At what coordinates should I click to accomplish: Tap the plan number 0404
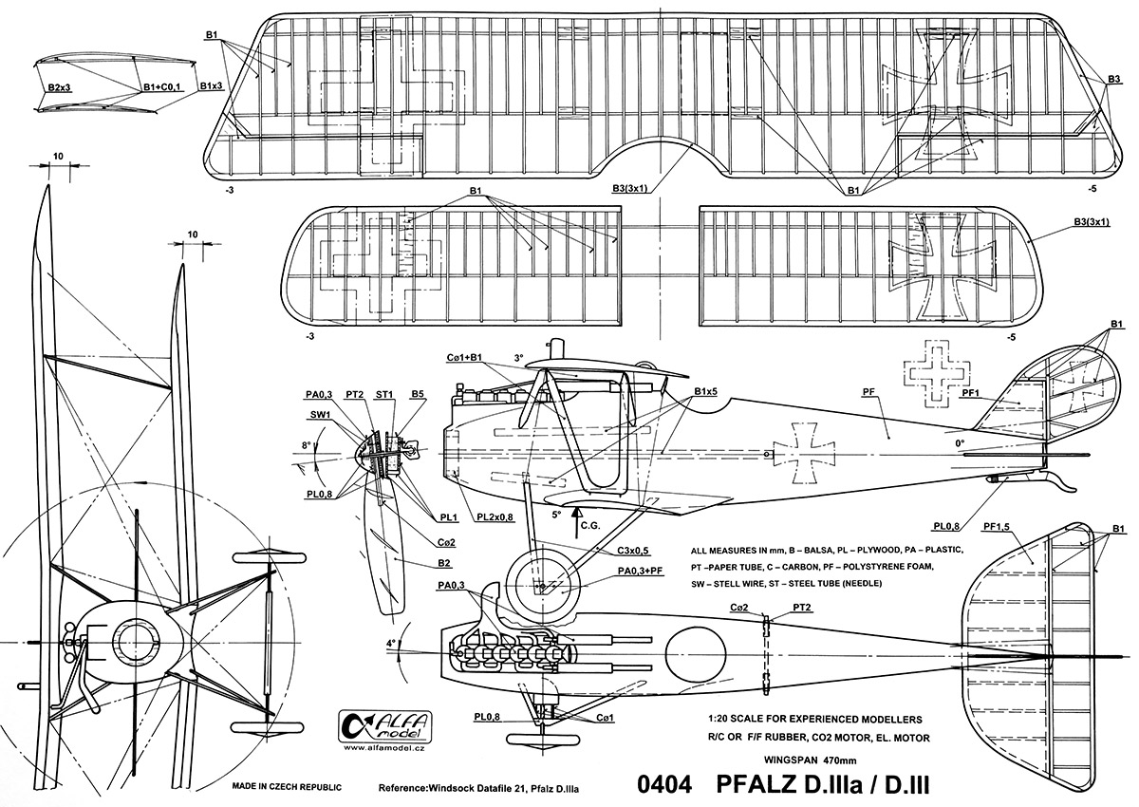pos(664,785)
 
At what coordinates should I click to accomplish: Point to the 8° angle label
pos(306,443)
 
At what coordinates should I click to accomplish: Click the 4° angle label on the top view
pos(390,643)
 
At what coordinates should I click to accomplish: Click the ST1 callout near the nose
pos(384,393)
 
